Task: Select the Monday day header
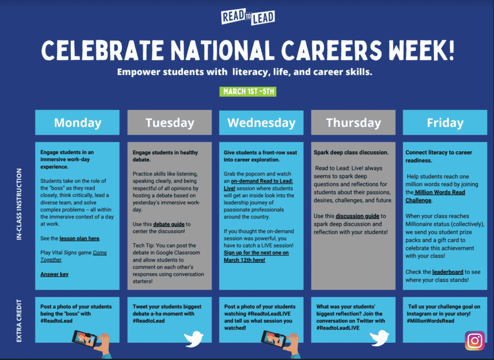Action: (x=77, y=123)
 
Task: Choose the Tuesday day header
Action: (x=169, y=123)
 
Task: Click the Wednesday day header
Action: (x=261, y=123)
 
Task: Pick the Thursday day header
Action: (x=353, y=123)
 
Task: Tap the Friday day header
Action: (x=445, y=123)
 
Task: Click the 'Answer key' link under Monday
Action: (x=54, y=274)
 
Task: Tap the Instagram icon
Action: (x=474, y=341)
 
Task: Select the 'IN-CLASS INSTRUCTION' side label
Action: (x=19, y=212)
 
